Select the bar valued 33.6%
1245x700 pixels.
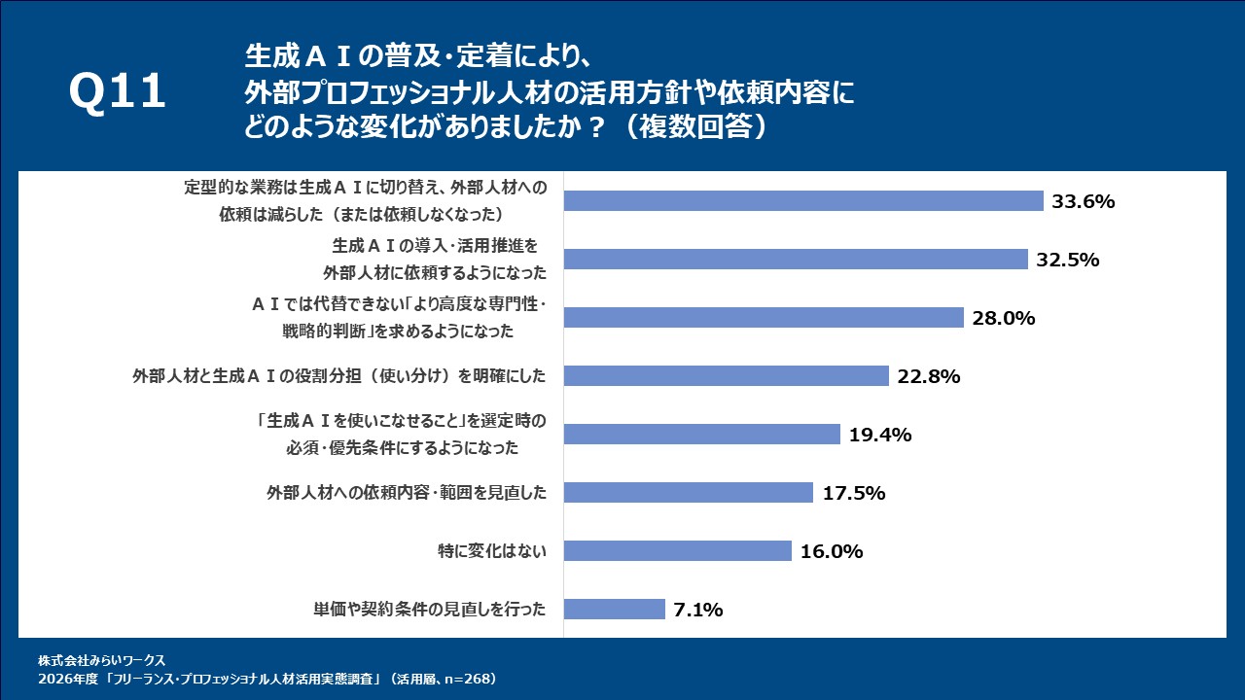(803, 201)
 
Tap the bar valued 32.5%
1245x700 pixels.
(796, 260)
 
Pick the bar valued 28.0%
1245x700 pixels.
(764, 318)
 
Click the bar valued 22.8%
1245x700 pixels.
(727, 376)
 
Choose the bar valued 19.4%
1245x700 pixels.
(701, 435)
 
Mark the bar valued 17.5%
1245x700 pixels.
(688, 493)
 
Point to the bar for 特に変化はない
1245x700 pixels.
(677, 551)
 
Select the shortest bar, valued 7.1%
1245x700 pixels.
(614, 610)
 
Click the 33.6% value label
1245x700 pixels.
(1083, 201)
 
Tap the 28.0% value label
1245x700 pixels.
(1003, 318)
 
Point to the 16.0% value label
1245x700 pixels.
(832, 551)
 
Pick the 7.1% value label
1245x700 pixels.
(697, 610)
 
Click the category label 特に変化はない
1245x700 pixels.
(492, 551)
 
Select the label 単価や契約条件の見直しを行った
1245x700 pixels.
(429, 610)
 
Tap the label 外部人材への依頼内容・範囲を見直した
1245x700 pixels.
(407, 493)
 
